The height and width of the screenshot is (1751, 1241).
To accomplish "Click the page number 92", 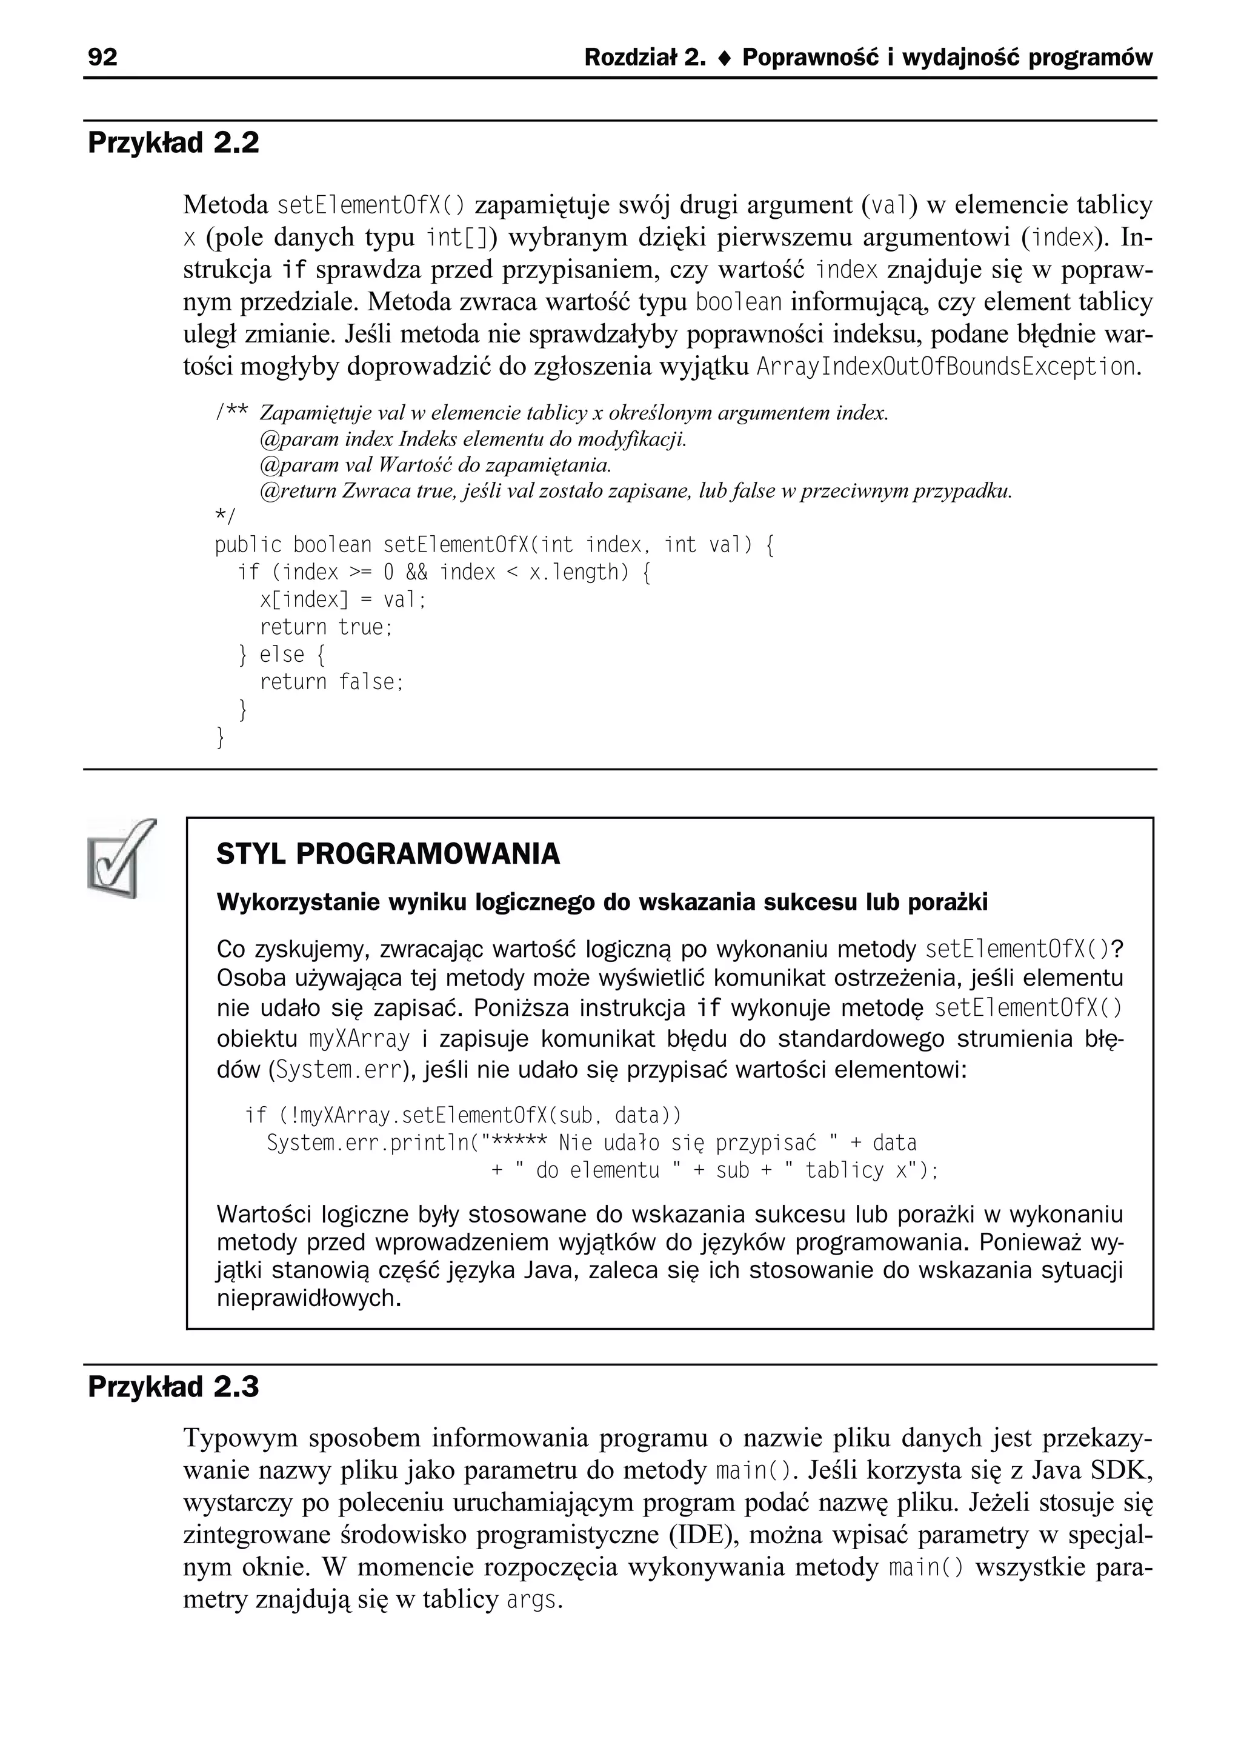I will (103, 58).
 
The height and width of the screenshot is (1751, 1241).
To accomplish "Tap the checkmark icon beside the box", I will (122, 858).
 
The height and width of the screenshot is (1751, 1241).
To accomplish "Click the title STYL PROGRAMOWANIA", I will (388, 854).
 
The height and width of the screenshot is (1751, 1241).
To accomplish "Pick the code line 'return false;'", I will (331, 682).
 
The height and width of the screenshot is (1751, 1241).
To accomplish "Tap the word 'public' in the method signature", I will (248, 545).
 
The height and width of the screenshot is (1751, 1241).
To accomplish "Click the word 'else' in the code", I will (282, 655).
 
